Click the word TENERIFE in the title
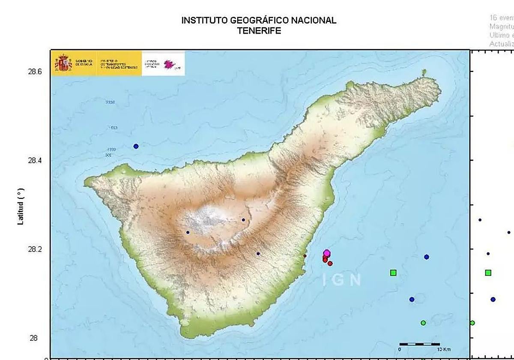(259, 31)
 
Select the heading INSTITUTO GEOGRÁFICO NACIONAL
(259, 20)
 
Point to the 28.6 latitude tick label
(35, 72)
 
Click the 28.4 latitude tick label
(35, 160)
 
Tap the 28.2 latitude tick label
(35, 249)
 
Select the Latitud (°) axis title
(20, 206)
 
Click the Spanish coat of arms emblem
(63, 63)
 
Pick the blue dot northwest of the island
(136, 146)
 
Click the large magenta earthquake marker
(327, 253)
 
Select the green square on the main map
(393, 273)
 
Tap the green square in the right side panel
(488, 273)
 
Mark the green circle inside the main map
(423, 323)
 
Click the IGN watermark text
(342, 280)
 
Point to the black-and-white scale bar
(419, 344)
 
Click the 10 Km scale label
(444, 350)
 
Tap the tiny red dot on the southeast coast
(305, 256)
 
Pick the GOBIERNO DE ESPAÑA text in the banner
(84, 63)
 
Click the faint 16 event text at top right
(501, 18)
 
